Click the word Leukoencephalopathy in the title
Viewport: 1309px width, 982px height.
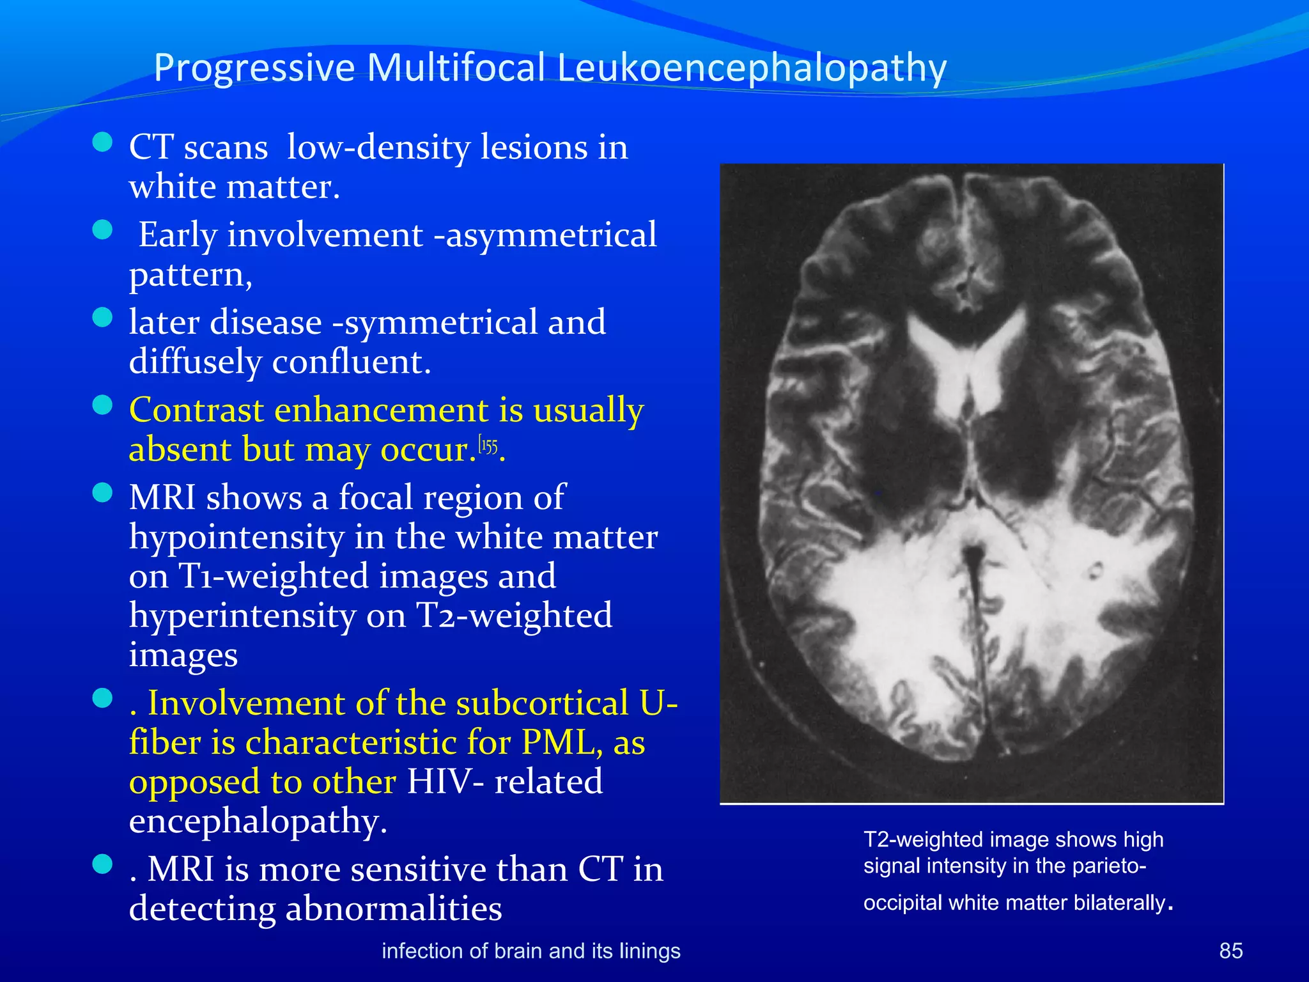(x=752, y=68)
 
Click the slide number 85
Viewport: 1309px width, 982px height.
(x=1230, y=951)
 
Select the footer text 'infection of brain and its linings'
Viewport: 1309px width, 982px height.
(x=531, y=951)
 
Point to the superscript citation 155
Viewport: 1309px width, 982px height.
(x=488, y=446)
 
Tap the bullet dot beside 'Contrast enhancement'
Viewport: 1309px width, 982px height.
(x=102, y=405)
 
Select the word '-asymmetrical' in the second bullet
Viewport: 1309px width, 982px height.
(x=545, y=235)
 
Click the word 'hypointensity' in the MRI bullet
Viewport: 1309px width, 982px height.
(x=236, y=537)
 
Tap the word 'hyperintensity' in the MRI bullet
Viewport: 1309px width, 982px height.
(x=242, y=616)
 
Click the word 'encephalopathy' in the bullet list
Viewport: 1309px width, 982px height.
(x=258, y=822)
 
